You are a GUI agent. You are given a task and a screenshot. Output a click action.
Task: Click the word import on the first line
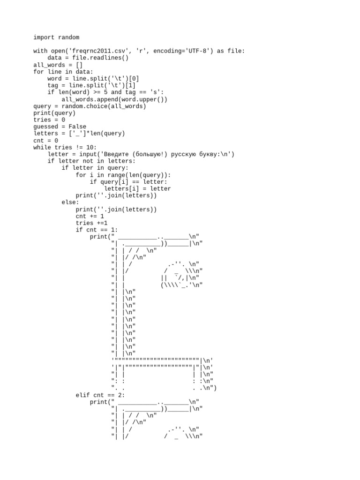(x=44, y=37)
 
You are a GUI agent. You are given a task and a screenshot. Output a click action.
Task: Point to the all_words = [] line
(x=58, y=65)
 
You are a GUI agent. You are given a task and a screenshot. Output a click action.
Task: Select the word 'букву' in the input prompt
(x=206, y=154)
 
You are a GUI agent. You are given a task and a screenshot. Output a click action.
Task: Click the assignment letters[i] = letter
(x=137, y=188)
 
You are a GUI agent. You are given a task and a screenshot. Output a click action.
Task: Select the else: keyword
(x=70, y=202)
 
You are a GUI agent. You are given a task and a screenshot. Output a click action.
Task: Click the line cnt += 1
(x=90, y=216)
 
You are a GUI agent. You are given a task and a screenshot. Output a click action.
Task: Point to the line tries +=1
(x=91, y=223)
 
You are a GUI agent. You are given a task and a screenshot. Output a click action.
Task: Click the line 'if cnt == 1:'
(x=97, y=230)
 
